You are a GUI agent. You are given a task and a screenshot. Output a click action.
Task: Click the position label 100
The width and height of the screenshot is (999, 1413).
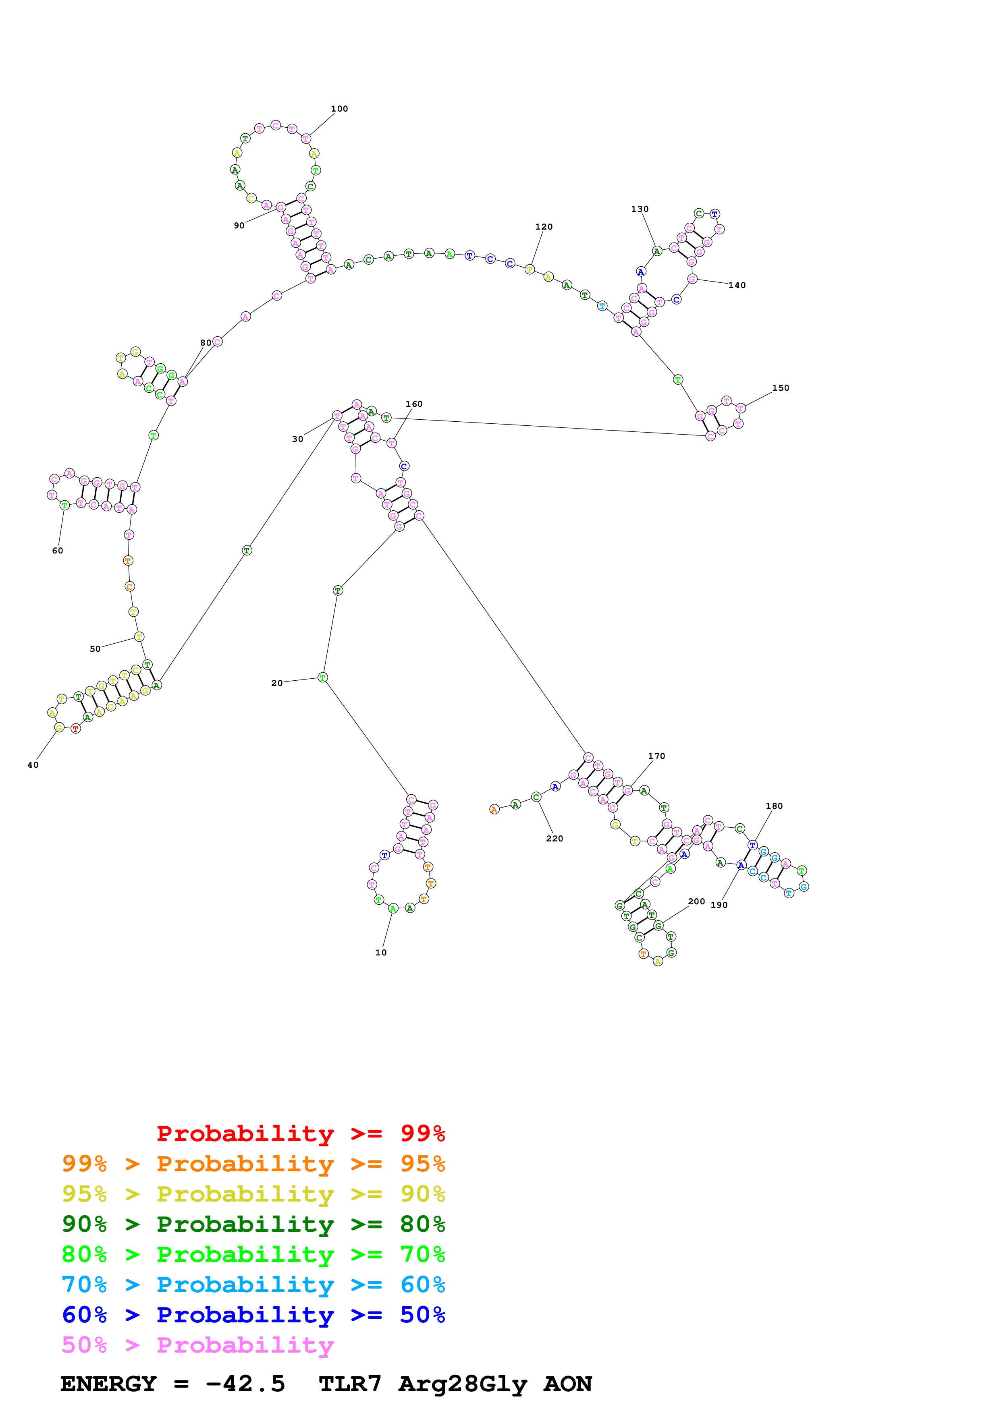coord(339,109)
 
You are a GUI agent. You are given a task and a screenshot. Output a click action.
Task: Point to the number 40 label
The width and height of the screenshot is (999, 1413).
coord(33,765)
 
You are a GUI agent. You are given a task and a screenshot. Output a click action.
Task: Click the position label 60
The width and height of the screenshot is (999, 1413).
coord(57,551)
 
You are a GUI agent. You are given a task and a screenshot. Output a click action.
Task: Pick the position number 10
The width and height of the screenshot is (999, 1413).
coord(381,953)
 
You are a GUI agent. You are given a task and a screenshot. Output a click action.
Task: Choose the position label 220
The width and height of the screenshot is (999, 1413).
coord(554,838)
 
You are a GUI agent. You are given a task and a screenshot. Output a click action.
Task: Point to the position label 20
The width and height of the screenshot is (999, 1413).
coord(277,683)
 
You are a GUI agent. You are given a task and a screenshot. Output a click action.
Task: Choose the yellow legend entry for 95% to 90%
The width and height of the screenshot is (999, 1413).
coord(253,1194)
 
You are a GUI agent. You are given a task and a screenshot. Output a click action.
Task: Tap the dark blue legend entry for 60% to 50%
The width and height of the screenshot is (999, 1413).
coord(253,1315)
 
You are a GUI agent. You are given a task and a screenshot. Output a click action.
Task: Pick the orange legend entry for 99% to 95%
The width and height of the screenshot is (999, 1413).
coord(253,1164)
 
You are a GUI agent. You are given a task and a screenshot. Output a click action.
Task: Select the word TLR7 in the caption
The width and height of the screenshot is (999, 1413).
coord(350,1384)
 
